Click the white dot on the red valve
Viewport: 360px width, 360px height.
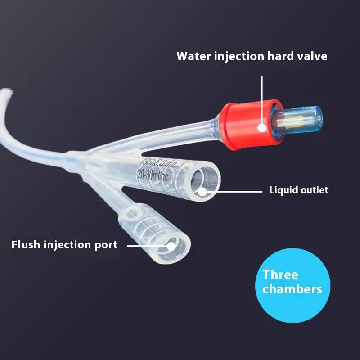pos(261,128)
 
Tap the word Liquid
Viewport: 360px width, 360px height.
pos(283,190)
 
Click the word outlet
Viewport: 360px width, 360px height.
pos(314,190)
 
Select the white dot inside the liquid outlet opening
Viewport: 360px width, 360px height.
pos(202,191)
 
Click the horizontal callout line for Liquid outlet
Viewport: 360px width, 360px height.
pos(234,191)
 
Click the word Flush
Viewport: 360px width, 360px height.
pos(26,245)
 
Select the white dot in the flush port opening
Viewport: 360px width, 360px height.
pos(171,246)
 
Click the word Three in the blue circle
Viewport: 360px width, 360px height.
pos(280,274)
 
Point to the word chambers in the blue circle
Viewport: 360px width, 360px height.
pos(292,289)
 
